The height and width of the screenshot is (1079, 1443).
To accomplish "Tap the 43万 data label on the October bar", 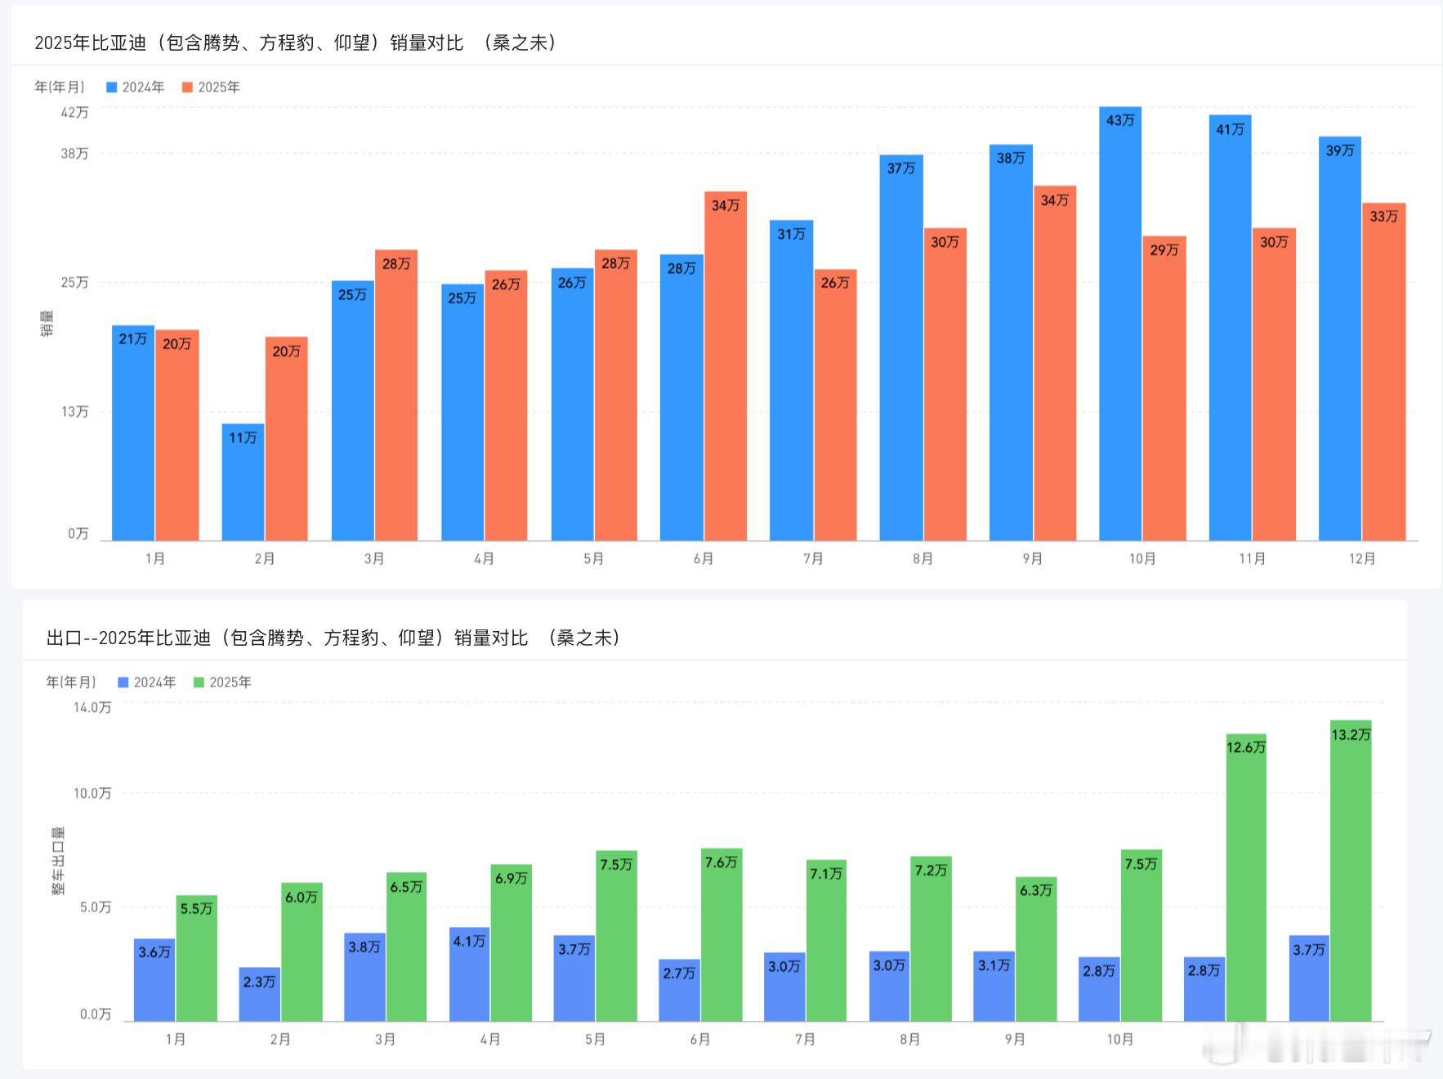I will point(1120,120).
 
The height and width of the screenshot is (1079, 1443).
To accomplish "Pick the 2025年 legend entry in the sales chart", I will point(211,87).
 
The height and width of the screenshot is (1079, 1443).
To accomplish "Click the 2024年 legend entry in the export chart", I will point(147,683).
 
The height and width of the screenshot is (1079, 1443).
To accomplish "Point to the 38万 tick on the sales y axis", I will point(74,154).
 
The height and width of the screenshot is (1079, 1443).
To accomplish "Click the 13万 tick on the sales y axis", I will point(74,411).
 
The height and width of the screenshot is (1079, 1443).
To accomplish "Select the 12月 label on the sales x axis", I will point(1362,558).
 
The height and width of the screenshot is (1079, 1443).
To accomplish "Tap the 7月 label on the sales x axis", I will point(813,558).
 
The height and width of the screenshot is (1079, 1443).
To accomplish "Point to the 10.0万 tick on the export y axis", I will point(92,793).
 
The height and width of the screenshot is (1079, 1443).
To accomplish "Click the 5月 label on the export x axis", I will point(595,1039).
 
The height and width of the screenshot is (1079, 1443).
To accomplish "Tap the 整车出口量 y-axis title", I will point(59,860).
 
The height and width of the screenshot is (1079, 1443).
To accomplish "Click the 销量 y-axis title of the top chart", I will point(47,323).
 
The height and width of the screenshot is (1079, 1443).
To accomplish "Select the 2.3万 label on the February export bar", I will point(259,981).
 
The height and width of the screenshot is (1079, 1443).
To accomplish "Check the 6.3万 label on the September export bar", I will point(1035,890).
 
